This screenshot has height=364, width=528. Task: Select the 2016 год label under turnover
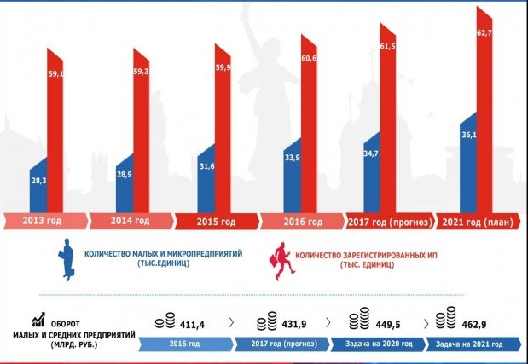tap(192, 344)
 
